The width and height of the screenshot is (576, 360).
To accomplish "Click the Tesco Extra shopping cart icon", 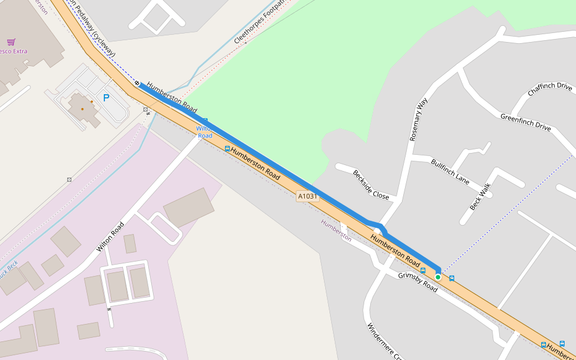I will (x=11, y=42).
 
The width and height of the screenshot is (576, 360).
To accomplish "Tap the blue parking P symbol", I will (x=106, y=98).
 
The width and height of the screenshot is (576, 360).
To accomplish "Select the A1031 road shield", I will (x=307, y=196).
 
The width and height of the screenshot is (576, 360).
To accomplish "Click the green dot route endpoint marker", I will (x=438, y=277).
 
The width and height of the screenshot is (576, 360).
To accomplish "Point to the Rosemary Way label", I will (x=418, y=119).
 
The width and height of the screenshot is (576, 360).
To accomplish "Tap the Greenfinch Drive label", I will (x=526, y=122).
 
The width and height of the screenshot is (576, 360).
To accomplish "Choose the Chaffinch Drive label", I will (x=550, y=89).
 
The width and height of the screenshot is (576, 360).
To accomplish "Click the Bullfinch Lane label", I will (x=450, y=170).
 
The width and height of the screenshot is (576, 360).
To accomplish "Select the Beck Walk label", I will (x=480, y=196).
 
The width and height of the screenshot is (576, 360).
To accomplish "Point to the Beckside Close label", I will (x=371, y=185).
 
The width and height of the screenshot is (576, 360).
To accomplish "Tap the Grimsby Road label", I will (x=418, y=281).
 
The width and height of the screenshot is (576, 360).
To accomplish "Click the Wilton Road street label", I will (x=110, y=236).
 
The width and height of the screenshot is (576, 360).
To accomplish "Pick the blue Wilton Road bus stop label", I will (x=205, y=132).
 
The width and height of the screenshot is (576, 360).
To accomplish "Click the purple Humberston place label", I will (x=336, y=230).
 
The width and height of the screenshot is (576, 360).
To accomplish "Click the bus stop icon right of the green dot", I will (x=452, y=278).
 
